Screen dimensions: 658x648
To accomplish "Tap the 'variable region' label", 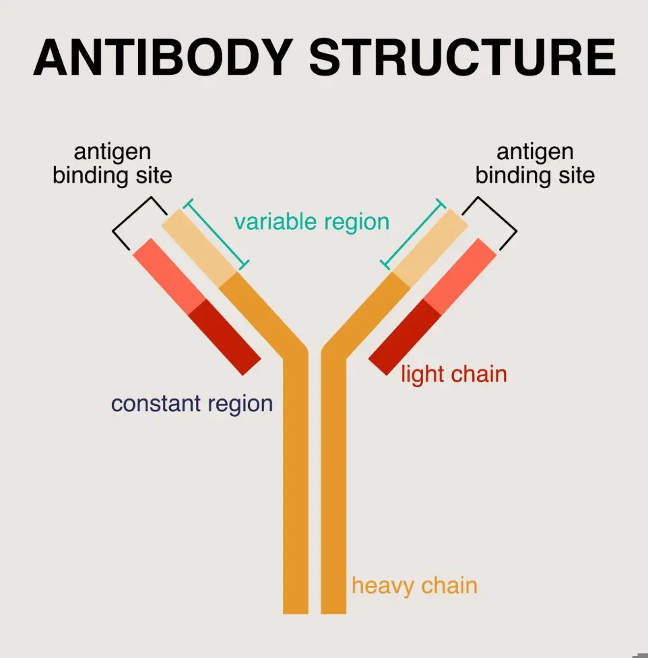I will click(312, 222).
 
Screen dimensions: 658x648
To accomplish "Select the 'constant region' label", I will click(192, 404).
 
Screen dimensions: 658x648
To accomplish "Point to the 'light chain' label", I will click(453, 374).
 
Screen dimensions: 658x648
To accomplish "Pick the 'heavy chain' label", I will click(414, 585).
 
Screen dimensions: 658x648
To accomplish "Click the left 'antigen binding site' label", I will click(112, 164).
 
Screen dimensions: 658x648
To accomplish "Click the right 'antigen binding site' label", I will click(535, 164).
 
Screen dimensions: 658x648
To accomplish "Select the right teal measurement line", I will click(413, 233).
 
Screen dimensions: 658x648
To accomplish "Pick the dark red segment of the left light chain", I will click(224, 336).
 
